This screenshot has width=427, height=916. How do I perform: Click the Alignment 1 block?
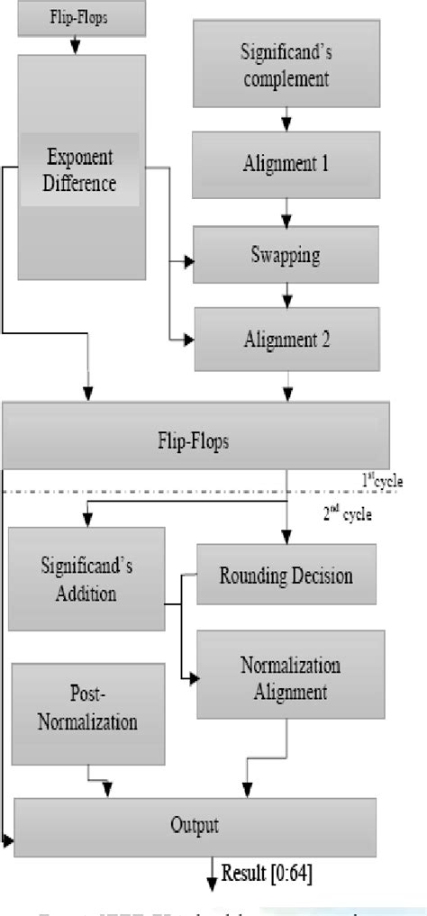286,164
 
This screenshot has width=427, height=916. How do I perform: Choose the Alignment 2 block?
286,340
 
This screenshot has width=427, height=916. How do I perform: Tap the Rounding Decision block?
286,575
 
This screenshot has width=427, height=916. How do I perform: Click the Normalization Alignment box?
289,678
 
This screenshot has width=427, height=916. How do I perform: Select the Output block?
195,823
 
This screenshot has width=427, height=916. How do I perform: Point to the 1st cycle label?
382,481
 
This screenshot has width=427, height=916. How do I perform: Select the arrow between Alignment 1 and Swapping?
286,209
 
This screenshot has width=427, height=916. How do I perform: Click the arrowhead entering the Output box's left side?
8,840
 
